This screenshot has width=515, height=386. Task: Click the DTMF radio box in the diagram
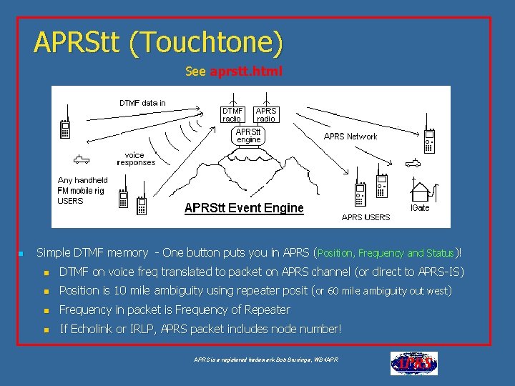pyautogui.click(x=232, y=115)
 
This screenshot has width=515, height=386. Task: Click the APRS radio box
pyautogui.click(x=266, y=115)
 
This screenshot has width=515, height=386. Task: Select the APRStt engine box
pyautogui.click(x=249, y=136)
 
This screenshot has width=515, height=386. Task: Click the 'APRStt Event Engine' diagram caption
pyautogui.click(x=244, y=208)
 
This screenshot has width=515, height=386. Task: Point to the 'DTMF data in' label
pyautogui.click(x=142, y=103)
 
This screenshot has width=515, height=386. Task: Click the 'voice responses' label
pyautogui.click(x=136, y=159)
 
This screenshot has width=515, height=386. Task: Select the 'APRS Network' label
pyautogui.click(x=350, y=137)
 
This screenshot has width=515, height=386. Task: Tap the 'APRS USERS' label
pyautogui.click(x=366, y=217)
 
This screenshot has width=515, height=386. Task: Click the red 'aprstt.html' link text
pyautogui.click(x=246, y=71)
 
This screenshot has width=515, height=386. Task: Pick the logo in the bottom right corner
pyautogui.click(x=413, y=363)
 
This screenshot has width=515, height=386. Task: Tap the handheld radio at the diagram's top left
pyautogui.click(x=65, y=127)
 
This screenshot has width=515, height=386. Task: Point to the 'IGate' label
pyautogui.click(x=420, y=208)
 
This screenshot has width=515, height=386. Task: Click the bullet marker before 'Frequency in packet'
pyautogui.click(x=45, y=310)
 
